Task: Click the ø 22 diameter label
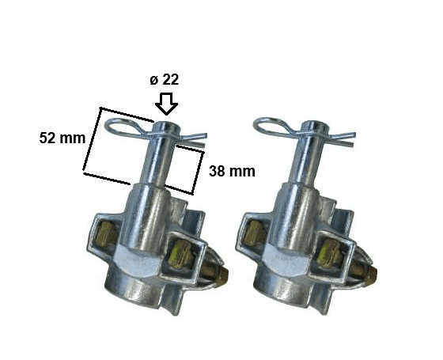(x=165, y=80)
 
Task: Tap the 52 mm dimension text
(x=62, y=138)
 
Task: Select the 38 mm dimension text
(x=232, y=171)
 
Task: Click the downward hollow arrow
(x=166, y=104)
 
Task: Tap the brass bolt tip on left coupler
(x=224, y=275)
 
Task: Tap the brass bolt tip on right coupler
(x=373, y=275)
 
